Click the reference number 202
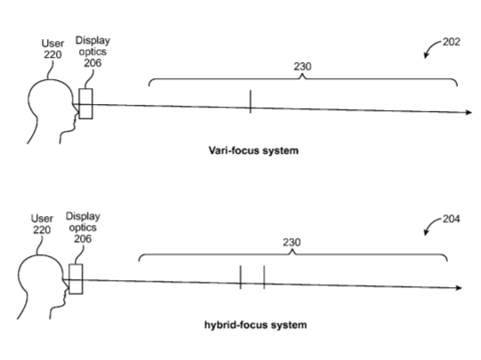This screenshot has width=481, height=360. pyautogui.click(x=452, y=42)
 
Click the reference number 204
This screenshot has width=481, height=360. pyautogui.click(x=451, y=219)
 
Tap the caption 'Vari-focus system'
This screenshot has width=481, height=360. pyautogui.click(x=253, y=150)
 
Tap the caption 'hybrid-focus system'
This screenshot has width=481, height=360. pyautogui.click(x=255, y=324)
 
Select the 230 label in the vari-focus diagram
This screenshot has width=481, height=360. pyautogui.click(x=302, y=67)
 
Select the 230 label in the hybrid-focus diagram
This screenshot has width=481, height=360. pyautogui.click(x=292, y=243)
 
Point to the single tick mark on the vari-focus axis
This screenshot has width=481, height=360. pyautogui.click(x=251, y=101)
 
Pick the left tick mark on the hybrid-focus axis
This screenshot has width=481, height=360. pyautogui.click(x=240, y=277)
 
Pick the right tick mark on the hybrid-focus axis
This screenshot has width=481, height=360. pyautogui.click(x=264, y=277)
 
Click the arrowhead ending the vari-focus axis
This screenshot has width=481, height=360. pyautogui.click(x=469, y=113)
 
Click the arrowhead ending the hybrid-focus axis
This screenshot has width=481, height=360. pyautogui.click(x=459, y=288)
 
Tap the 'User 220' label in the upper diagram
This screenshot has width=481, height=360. pyautogui.click(x=52, y=49)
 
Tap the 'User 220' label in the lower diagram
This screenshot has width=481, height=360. pyautogui.click(x=42, y=225)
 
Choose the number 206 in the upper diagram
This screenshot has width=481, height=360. pyautogui.click(x=92, y=63)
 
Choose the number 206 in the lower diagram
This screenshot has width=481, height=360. pyautogui.click(x=83, y=238)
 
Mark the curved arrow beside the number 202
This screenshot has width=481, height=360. pyautogui.click(x=431, y=46)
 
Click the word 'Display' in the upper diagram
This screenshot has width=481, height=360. pyautogui.click(x=92, y=41)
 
